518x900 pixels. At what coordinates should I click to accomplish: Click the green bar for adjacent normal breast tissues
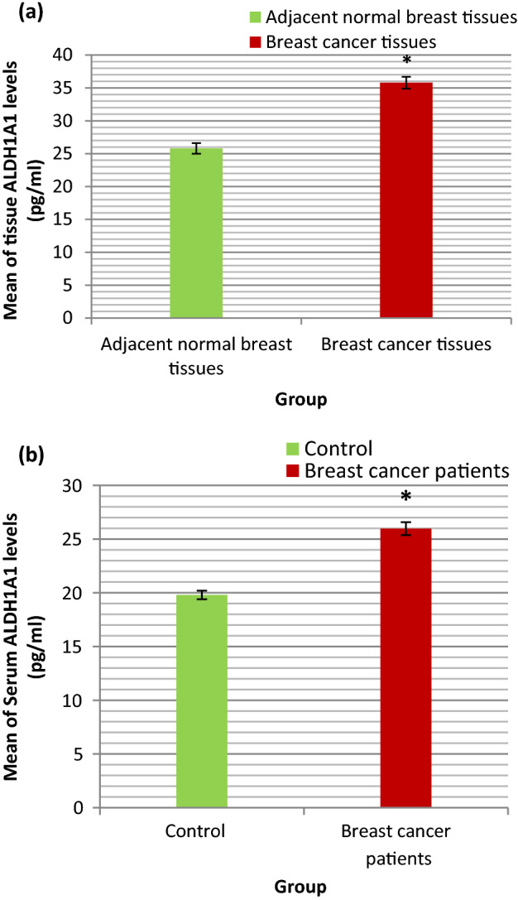tap(196, 233)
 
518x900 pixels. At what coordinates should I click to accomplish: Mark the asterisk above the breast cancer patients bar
tap(406, 498)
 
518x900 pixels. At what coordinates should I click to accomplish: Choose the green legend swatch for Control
tap(292, 450)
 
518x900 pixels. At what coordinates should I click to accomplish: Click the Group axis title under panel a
tap(301, 400)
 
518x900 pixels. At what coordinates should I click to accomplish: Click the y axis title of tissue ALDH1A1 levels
tap(23, 186)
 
